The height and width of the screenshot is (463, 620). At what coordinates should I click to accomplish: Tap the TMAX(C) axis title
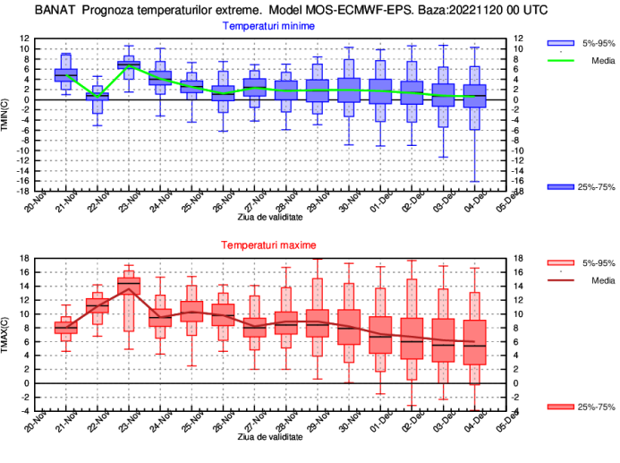[x=7, y=334]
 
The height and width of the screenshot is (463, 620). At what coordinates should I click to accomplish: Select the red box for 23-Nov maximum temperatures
[x=129, y=286]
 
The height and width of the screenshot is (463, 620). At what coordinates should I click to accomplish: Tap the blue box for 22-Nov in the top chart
[x=98, y=96]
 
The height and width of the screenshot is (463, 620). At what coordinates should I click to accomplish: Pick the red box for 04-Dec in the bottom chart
[x=476, y=342]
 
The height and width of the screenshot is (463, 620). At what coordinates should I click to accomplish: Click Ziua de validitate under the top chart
[x=269, y=217]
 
